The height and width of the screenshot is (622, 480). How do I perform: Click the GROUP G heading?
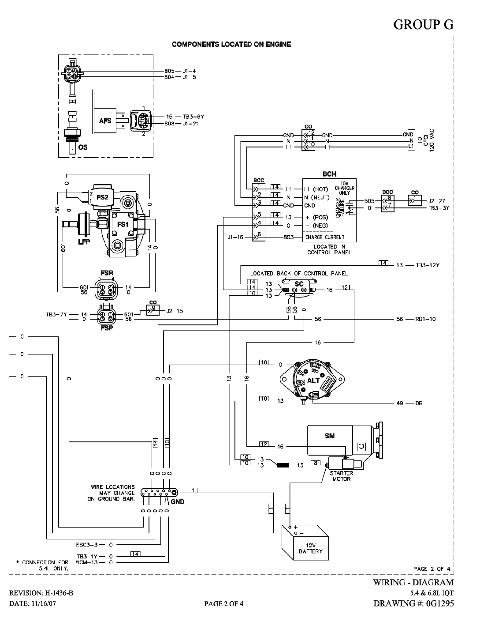click(423, 25)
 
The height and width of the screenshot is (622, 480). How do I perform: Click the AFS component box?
click(105, 121)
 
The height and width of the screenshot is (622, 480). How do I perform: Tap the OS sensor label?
click(83, 147)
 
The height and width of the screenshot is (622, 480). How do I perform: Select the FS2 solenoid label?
click(103, 197)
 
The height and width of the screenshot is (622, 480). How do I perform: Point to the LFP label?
click(84, 242)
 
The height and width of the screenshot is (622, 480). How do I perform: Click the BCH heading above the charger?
click(329, 174)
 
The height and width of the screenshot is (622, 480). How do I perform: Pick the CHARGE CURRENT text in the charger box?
click(325, 237)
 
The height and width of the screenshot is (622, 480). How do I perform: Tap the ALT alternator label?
click(313, 381)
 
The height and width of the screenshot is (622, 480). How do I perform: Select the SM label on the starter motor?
click(330, 436)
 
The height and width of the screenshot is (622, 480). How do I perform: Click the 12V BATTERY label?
click(311, 548)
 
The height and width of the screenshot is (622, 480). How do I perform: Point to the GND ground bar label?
click(178, 501)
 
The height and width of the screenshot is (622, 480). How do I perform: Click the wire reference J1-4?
click(189, 71)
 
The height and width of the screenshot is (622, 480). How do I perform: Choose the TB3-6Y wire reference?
click(193, 117)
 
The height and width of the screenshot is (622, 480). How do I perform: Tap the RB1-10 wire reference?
click(425, 319)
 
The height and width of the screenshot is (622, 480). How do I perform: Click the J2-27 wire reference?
click(437, 201)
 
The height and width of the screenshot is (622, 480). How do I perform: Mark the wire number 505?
click(369, 201)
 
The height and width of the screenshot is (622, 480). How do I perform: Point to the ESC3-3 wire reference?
click(87, 545)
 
